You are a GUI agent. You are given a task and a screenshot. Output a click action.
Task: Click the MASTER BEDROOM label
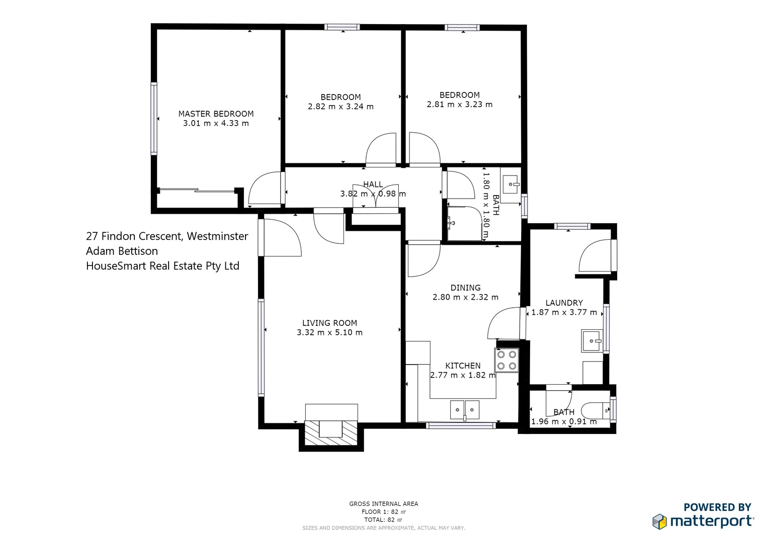[x=216, y=114]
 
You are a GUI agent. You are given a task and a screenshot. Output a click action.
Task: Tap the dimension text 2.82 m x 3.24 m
[x=340, y=107]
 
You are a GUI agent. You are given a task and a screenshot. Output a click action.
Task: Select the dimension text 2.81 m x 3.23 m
[x=459, y=105]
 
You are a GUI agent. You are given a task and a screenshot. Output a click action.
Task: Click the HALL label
[x=373, y=185]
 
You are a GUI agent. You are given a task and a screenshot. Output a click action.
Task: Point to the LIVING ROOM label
[x=329, y=323]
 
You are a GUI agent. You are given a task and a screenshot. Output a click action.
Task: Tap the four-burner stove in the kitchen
[x=506, y=360]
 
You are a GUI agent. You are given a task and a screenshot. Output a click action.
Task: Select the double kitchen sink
[x=465, y=410]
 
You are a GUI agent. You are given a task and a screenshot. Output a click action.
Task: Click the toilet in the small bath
[x=596, y=411]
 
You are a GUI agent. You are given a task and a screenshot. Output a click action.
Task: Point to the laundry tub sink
[x=592, y=341]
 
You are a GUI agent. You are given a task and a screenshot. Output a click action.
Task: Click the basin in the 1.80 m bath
[x=511, y=185]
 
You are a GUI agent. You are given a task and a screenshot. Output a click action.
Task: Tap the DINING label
[x=465, y=288]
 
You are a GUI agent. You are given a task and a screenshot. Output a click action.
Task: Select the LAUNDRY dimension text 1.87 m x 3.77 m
[x=564, y=312]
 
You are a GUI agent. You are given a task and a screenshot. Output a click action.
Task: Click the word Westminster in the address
[x=217, y=236]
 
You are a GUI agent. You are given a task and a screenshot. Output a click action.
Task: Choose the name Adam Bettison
[x=122, y=251]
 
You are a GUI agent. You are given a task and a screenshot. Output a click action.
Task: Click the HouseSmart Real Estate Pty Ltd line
[x=162, y=266]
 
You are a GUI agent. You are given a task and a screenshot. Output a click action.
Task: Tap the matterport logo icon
[x=659, y=521]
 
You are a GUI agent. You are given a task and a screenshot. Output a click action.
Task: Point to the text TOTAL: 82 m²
[x=383, y=520]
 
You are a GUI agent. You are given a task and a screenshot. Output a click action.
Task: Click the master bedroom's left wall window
[x=154, y=118]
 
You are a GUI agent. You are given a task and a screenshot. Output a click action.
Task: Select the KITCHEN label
[x=463, y=366]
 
